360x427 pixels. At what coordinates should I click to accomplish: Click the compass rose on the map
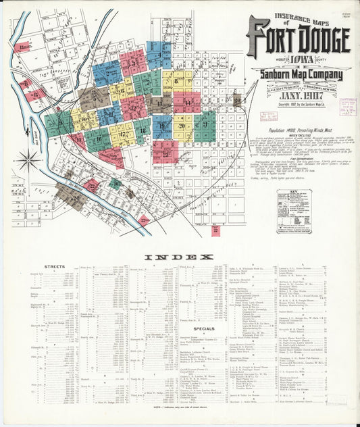tap(28, 161)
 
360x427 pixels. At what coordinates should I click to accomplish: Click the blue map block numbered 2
tap(107, 72)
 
